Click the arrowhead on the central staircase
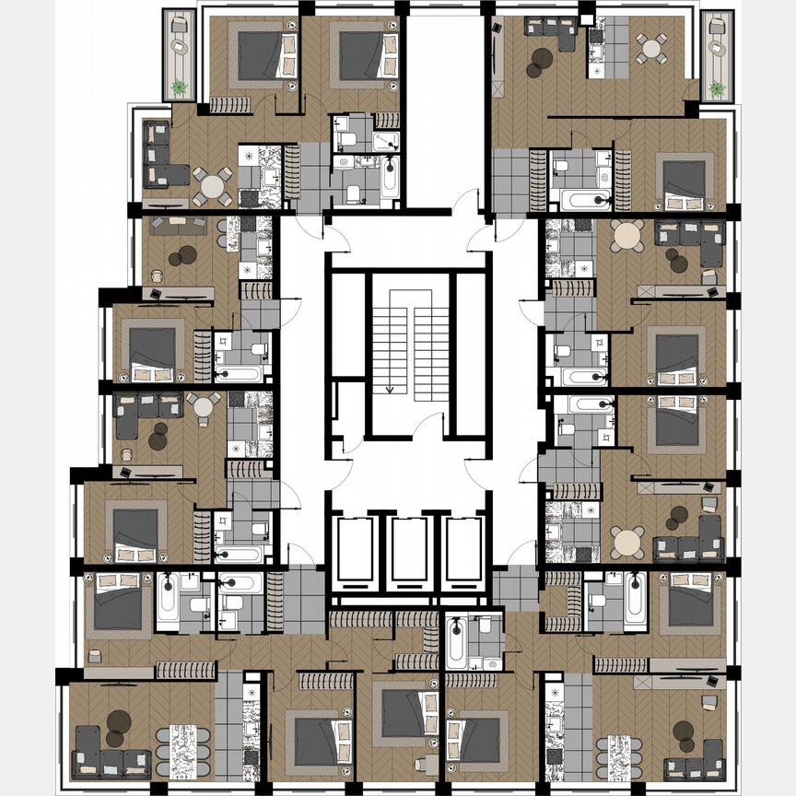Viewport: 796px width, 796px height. (x=390, y=390)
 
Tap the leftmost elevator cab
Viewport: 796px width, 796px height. (x=353, y=550)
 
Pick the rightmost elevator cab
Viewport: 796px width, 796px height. (x=458, y=550)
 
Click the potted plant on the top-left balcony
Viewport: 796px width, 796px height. (x=178, y=88)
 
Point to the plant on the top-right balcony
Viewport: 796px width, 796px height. (x=715, y=88)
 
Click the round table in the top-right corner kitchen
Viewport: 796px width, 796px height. (x=652, y=48)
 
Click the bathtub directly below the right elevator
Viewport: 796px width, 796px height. (x=457, y=643)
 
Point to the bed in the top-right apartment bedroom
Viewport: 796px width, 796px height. (x=683, y=181)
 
